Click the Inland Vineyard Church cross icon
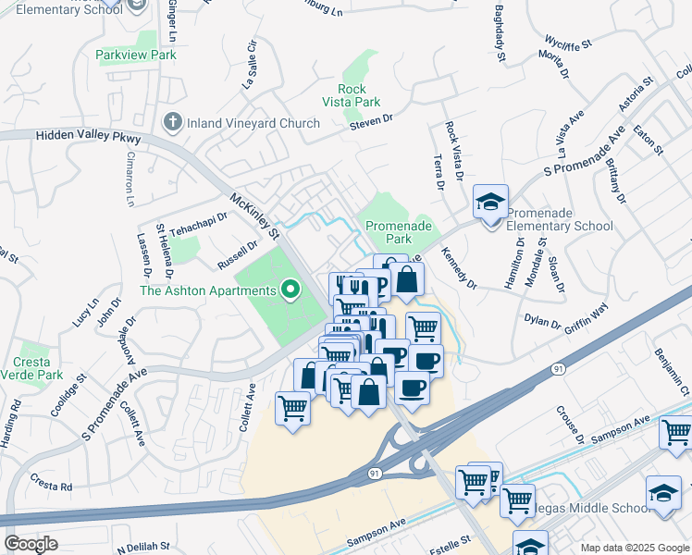point(171,122)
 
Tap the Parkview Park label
point(136,55)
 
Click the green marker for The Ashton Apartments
point(291,291)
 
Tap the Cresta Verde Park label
point(39,368)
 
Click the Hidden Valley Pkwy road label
point(88,136)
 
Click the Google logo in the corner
point(31,544)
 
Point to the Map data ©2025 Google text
point(634,548)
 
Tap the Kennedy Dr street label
point(457,266)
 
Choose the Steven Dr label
point(372,118)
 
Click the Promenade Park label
point(399,232)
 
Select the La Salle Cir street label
point(248,63)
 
